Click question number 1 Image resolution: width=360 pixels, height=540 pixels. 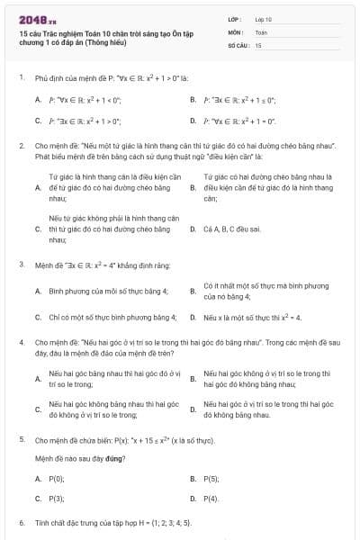point(21,78)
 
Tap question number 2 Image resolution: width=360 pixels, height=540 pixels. point(21,144)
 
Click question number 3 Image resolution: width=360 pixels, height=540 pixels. point(21,265)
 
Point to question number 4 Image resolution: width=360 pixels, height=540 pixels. point(21,343)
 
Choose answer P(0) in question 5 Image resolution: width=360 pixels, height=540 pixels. point(57,479)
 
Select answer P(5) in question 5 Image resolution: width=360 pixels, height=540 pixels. point(211,479)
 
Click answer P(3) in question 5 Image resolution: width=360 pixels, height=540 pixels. point(57,498)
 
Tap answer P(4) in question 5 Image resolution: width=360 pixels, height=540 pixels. point(211,498)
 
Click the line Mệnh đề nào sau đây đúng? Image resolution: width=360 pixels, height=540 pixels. point(79,458)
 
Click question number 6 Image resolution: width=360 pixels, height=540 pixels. point(21,522)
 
